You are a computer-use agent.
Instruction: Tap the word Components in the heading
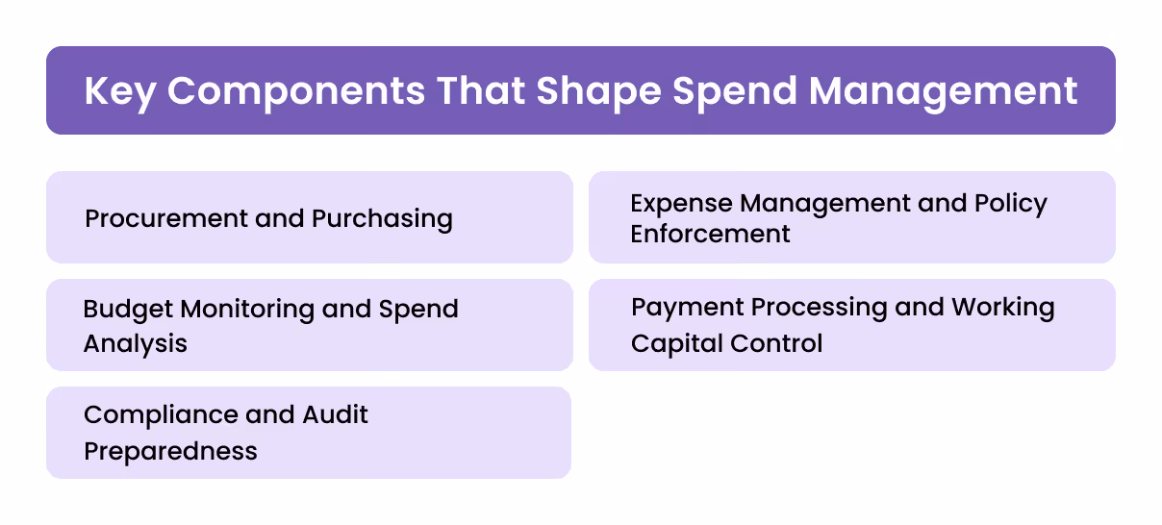coord(295,91)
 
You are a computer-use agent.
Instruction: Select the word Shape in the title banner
coord(598,91)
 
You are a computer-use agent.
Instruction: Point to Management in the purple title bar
coord(943,91)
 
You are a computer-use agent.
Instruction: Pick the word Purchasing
coord(382,219)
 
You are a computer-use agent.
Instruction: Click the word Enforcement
coord(710,234)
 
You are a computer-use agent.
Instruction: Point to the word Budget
coord(129,310)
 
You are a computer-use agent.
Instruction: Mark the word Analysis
coord(136,343)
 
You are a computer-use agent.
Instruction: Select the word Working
coord(1003,308)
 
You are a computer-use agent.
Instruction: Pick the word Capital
coord(673,343)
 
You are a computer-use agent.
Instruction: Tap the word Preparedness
coord(170,451)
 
